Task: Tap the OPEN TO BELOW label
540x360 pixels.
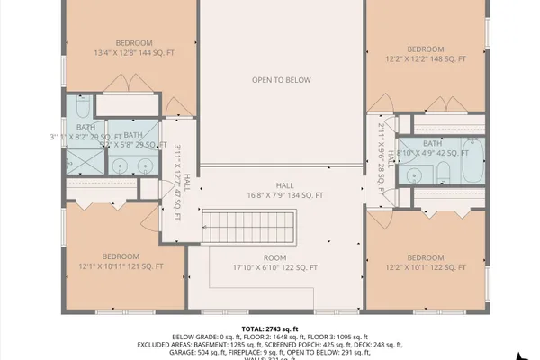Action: [x=281, y=80]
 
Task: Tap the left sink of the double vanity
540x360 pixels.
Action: [x=119, y=166]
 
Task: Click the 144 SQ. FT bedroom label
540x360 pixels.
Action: [x=134, y=52]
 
